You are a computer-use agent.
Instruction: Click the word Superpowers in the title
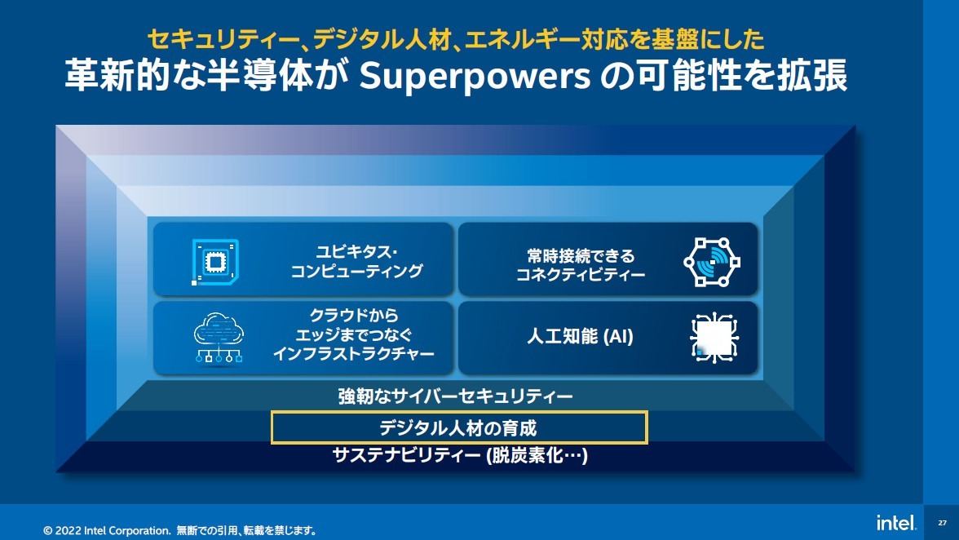tap(474, 77)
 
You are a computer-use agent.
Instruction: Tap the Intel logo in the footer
tap(896, 522)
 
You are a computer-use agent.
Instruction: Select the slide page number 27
tap(942, 523)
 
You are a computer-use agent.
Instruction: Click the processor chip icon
tap(214, 262)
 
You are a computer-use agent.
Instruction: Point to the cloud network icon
tap(219, 337)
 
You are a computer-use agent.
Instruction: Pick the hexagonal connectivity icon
tap(712, 262)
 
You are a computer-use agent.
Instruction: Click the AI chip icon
tap(714, 337)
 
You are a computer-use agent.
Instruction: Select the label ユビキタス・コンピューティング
tap(356, 261)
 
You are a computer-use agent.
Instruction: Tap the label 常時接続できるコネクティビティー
tap(581, 264)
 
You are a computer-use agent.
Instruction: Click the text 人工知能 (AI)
tap(580, 336)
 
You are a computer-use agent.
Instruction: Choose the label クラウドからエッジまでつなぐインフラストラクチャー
tap(354, 334)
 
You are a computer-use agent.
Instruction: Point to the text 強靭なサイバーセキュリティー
tap(456, 396)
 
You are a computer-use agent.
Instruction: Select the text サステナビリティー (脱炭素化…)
tap(460, 455)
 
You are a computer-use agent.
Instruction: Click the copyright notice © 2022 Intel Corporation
tap(107, 530)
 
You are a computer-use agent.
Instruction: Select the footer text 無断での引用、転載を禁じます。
tap(246, 530)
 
